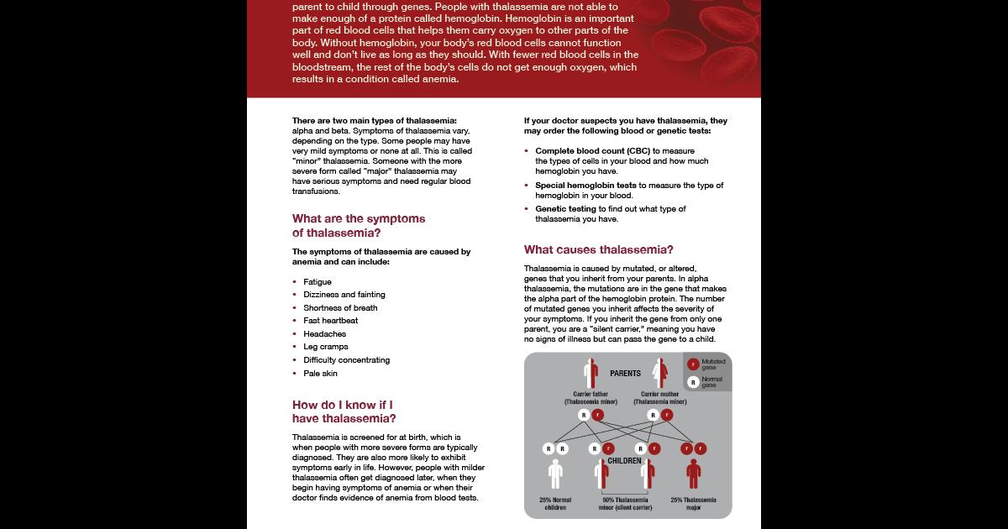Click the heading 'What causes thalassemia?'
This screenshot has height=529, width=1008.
coord(598,249)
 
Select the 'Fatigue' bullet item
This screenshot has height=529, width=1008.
coord(318,282)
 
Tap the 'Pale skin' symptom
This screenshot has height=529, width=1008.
coord(320,374)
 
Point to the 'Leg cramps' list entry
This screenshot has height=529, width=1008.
coord(325,347)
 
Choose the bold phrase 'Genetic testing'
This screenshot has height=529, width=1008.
coord(565,209)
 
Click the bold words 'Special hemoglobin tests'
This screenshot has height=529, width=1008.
coord(586,186)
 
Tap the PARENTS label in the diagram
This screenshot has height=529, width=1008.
coord(626,374)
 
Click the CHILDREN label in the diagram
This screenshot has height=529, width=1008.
coord(624,461)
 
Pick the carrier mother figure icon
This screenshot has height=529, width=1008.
coord(660,373)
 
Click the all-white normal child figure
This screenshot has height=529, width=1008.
coord(554,473)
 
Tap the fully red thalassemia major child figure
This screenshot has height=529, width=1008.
coord(693,473)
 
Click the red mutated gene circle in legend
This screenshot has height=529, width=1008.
coord(692,364)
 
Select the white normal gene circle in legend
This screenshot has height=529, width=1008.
coord(692,382)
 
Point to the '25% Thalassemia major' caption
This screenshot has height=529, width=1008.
coord(693,504)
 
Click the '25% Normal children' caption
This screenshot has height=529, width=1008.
coord(554,504)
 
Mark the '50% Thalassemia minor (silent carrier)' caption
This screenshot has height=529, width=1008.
coord(624,504)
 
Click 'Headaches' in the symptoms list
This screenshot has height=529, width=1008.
coord(324,334)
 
